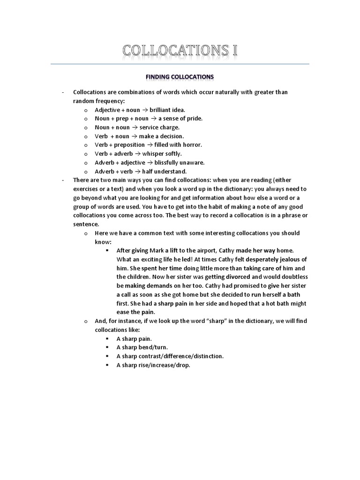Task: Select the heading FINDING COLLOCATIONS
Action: pyautogui.click(x=180, y=76)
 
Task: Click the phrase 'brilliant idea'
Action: pyautogui.click(x=168, y=110)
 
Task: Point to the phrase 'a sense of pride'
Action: pyautogui.click(x=180, y=119)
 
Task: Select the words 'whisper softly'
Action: pyautogui.click(x=162, y=154)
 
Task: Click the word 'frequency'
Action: pyautogui.click(x=107, y=101)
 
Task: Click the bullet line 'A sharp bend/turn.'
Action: pyautogui.click(x=141, y=347)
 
